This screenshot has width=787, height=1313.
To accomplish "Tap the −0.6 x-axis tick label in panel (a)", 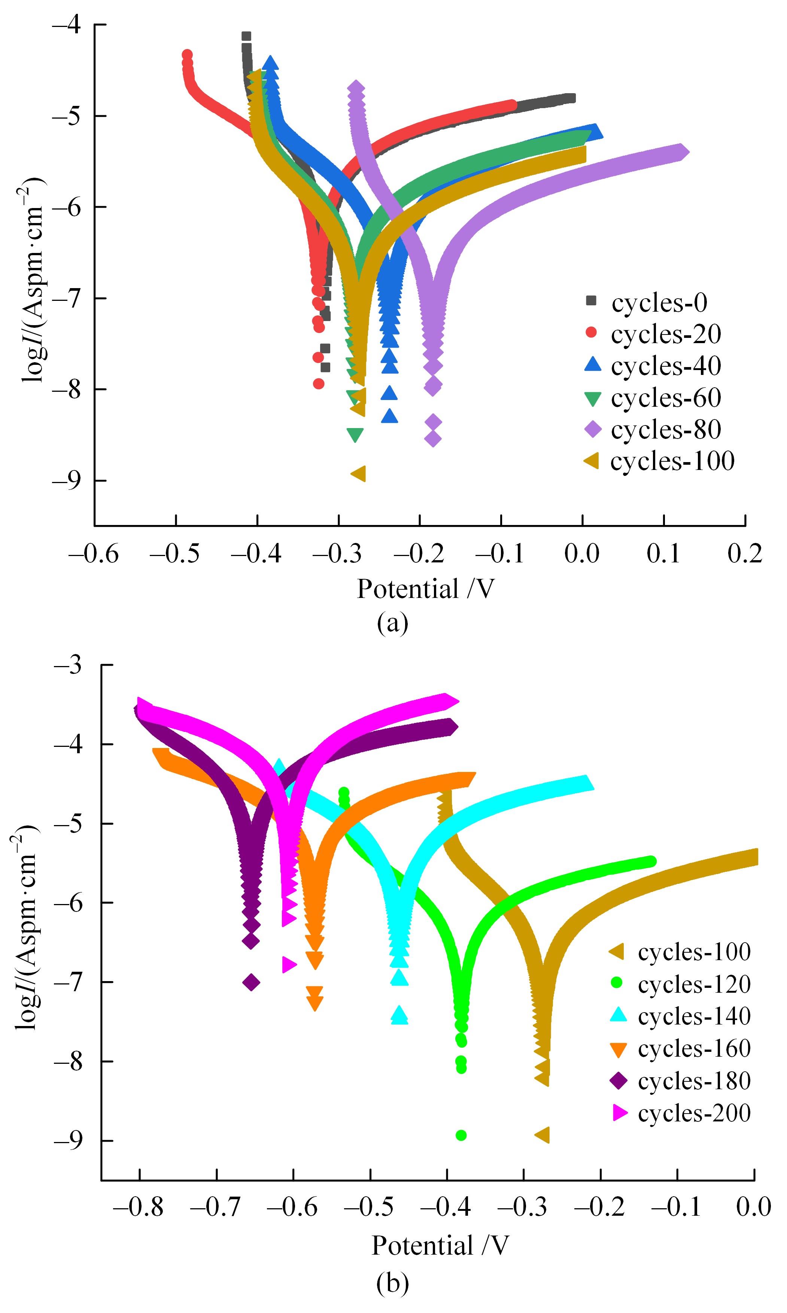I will click(x=94, y=553).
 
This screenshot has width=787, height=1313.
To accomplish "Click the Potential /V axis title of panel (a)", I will click(x=426, y=589).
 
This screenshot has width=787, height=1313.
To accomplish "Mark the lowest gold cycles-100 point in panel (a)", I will click(x=359, y=474).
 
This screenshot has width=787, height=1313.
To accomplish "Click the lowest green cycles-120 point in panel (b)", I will click(x=461, y=1135).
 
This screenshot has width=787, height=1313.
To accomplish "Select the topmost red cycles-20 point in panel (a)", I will click(x=187, y=55).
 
